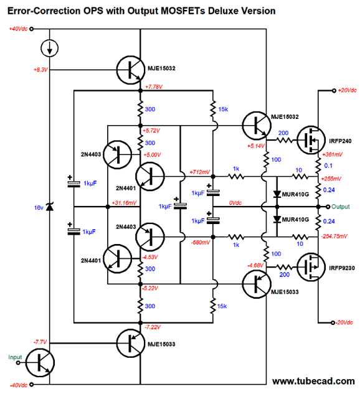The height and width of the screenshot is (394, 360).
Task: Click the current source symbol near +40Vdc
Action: tap(50, 48)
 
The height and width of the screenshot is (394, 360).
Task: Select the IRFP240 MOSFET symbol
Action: tap(311, 140)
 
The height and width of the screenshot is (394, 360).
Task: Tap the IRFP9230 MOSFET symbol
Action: tap(311, 268)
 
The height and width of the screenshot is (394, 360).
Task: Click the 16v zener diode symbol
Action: tap(50, 207)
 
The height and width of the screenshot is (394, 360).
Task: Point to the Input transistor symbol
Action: tap(40, 363)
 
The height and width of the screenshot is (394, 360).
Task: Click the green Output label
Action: tap(341, 207)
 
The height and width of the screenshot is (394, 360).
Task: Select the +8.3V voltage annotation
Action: tap(40, 70)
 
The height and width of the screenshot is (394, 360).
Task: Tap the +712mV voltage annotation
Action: tap(199, 172)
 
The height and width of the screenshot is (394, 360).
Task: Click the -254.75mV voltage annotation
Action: tap(334, 236)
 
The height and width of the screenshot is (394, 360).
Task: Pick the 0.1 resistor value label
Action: tap(328, 166)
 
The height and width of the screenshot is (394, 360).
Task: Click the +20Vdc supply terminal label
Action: tap(347, 90)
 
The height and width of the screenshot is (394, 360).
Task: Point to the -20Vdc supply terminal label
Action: tap(344, 322)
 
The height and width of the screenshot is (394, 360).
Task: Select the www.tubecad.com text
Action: tap(313, 381)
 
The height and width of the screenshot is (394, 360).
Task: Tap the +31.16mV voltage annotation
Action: tap(124, 202)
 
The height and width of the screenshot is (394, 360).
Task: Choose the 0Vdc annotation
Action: tap(235, 202)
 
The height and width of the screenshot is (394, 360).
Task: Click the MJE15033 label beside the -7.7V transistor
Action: tap(161, 344)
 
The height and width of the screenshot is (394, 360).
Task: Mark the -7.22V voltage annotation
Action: tap(153, 327)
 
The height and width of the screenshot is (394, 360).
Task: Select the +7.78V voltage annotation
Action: tap(154, 87)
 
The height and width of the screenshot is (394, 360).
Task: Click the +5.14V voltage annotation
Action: tap(256, 146)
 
